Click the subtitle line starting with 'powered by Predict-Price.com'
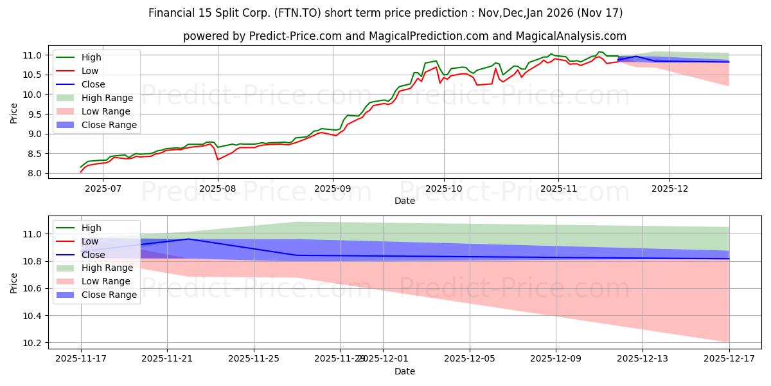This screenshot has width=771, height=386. (x=404, y=36)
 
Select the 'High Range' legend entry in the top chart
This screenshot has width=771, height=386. (x=107, y=98)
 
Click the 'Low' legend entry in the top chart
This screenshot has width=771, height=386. (x=91, y=71)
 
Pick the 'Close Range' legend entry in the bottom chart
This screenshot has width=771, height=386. (x=109, y=295)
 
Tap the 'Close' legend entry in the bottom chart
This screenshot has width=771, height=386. (x=93, y=255)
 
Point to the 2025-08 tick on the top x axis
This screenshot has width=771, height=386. (x=218, y=188)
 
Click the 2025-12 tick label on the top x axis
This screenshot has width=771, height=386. (x=669, y=188)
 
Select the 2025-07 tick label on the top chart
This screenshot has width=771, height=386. (x=103, y=188)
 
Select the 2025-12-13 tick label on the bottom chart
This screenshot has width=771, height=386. (x=642, y=358)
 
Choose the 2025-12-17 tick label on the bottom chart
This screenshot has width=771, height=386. (x=729, y=358)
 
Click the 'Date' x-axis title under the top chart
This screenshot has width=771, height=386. (x=404, y=201)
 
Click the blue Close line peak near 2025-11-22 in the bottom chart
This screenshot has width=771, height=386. (x=188, y=239)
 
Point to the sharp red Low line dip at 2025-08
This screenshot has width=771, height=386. (x=218, y=159)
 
